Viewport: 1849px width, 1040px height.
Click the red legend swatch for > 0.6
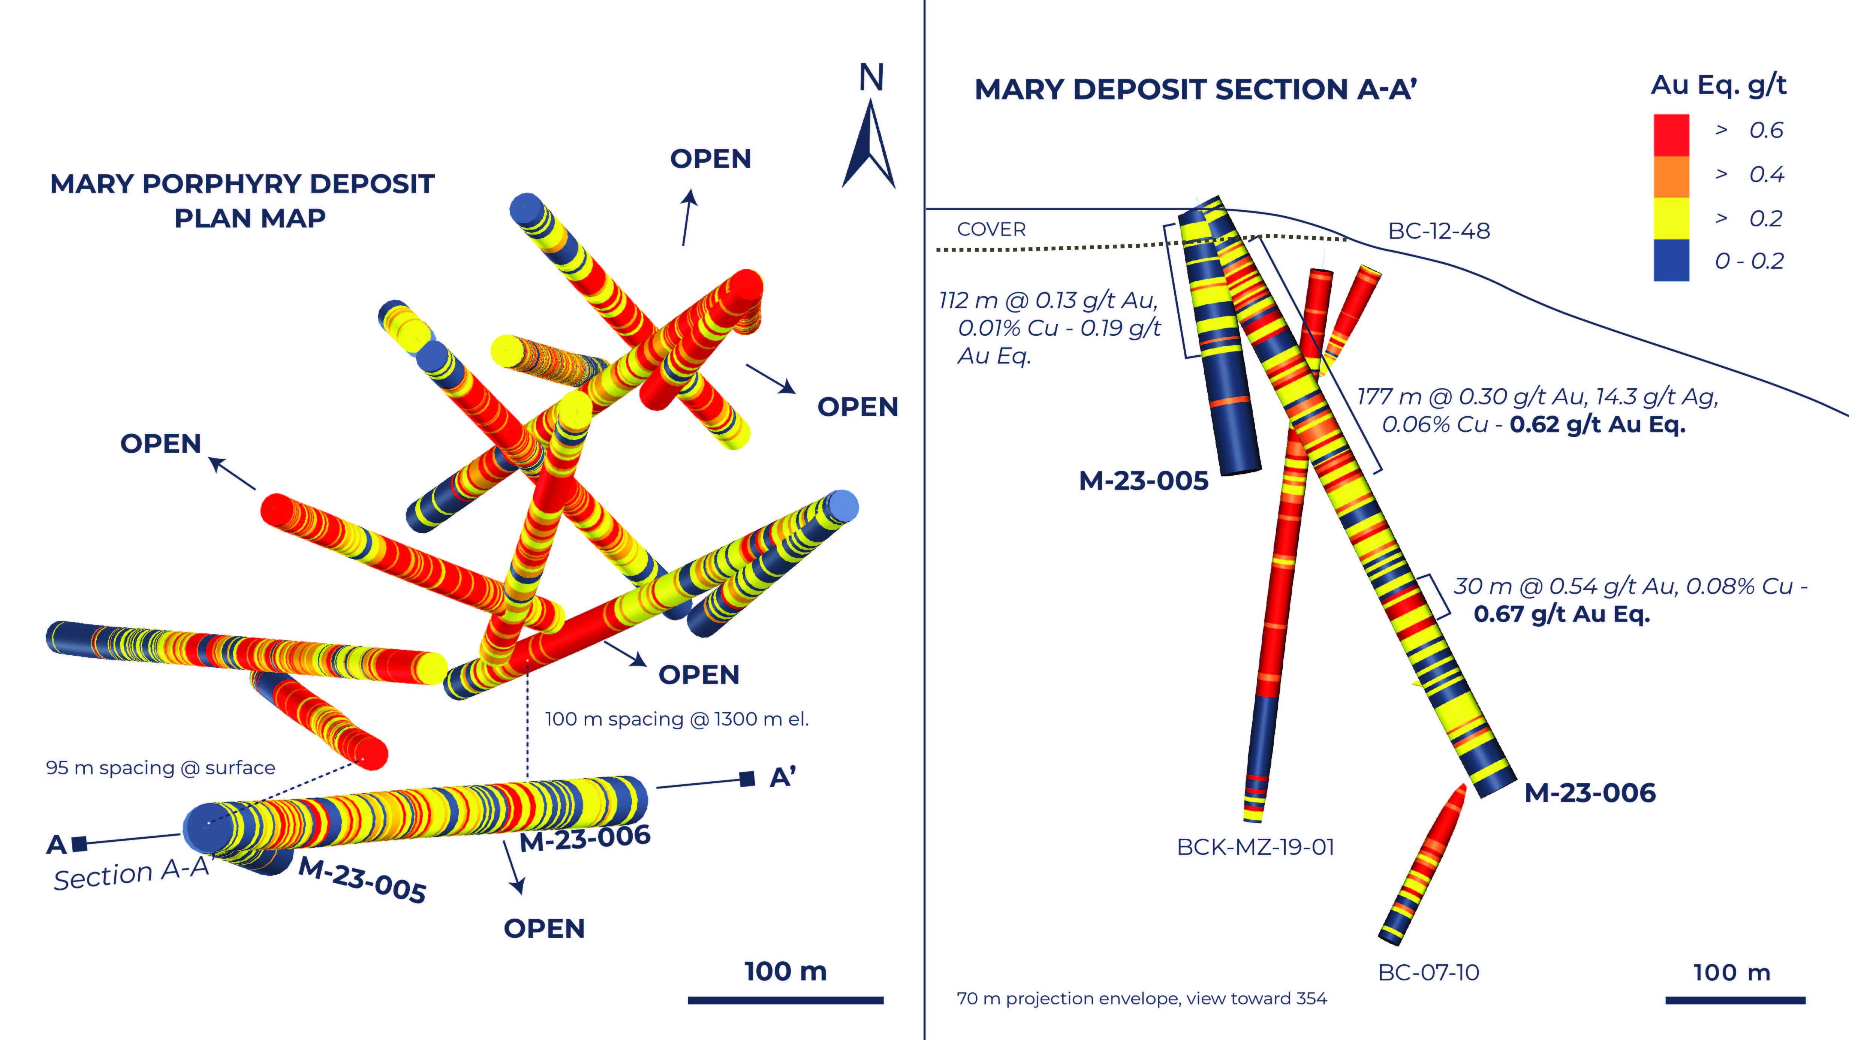(1671, 135)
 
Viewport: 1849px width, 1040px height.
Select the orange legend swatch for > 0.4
(1671, 177)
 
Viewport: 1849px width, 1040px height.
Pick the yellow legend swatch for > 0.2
(1671, 218)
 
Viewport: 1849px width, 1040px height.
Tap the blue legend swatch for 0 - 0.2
(1671, 260)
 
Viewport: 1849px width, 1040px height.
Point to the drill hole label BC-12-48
(1439, 231)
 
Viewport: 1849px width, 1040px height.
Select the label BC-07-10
(1428, 973)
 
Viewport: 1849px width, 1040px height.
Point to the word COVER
(991, 230)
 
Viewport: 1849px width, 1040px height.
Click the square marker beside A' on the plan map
(747, 779)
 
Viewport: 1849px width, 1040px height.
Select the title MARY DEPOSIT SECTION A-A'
(1195, 90)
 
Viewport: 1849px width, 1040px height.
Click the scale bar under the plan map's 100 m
(785, 1000)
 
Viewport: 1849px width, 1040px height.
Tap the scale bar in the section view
(1735, 1000)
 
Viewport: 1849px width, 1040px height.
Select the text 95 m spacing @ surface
(160, 768)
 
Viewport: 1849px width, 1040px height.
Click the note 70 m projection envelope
(1141, 998)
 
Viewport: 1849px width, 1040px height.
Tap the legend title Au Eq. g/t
(1718, 85)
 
